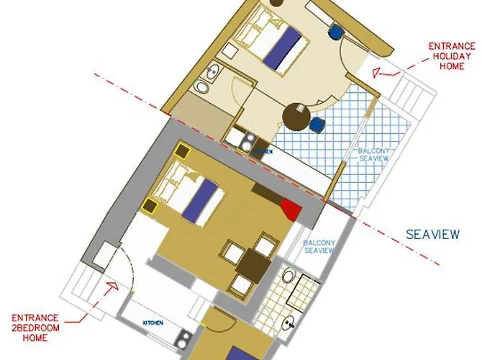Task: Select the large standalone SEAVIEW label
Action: (x=432, y=234)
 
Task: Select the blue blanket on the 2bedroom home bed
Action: (x=201, y=201)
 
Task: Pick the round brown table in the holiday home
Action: (x=296, y=114)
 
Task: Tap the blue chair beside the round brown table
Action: (x=317, y=125)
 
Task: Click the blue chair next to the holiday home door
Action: (x=336, y=31)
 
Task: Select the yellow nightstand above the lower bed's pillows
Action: (x=180, y=153)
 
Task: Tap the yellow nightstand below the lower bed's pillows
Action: (x=150, y=207)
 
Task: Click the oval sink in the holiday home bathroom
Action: (x=203, y=86)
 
